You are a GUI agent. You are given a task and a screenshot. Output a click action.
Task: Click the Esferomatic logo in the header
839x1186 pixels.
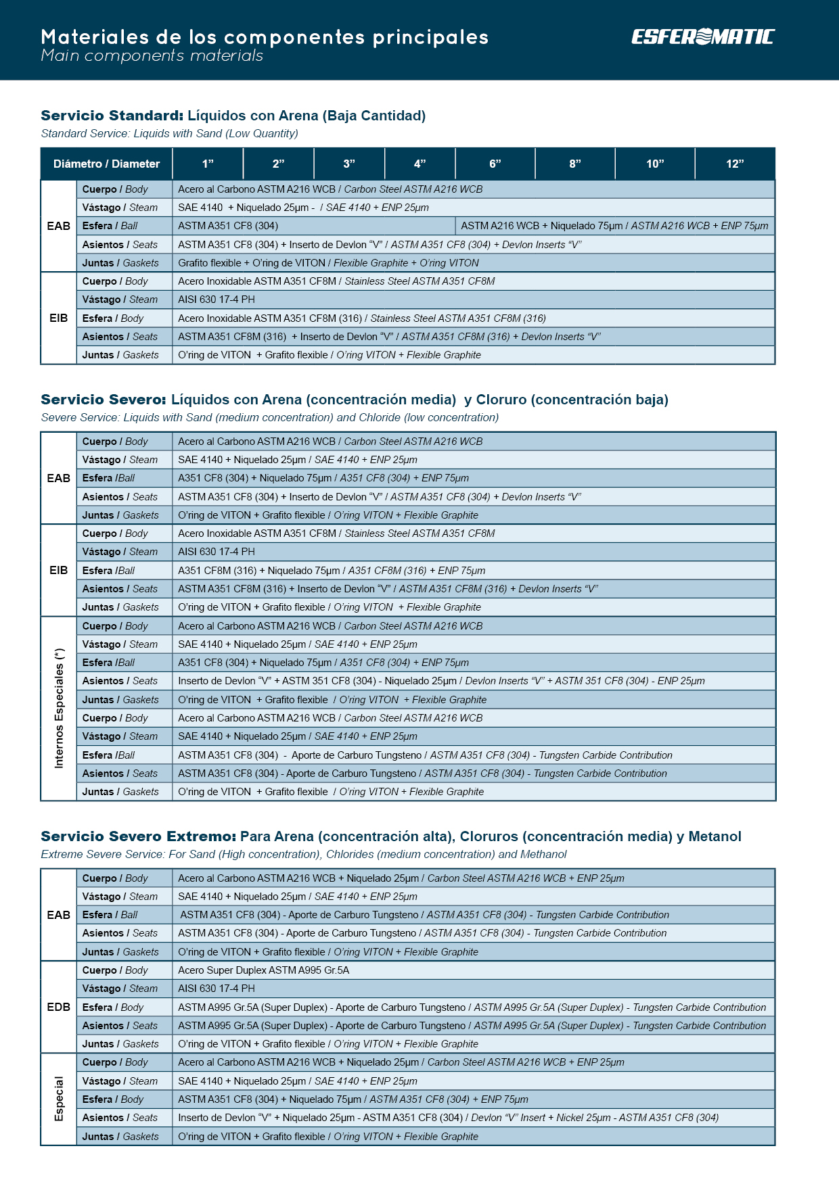coord(702,37)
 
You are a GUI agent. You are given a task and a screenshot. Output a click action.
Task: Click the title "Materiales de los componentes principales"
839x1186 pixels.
coord(265,37)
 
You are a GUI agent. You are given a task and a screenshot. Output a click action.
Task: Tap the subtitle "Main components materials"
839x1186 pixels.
coord(152,55)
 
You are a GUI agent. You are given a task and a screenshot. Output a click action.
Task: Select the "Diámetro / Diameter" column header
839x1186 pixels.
coord(106,164)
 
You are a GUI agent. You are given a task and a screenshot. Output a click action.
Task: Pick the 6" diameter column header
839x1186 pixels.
coord(495,164)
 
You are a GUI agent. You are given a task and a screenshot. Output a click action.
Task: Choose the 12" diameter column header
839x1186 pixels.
coord(734,164)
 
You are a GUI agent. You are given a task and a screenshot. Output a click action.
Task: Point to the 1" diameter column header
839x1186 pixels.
coord(208,164)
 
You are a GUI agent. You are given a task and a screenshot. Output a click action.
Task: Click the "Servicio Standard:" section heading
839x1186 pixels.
coord(112,116)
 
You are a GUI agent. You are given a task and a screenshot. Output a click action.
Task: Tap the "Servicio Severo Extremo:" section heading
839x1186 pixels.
coord(138,836)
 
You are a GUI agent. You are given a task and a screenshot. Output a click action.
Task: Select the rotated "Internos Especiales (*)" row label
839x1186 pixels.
coord(59,708)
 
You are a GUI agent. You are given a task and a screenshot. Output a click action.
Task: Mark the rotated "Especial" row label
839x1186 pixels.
coord(59,1099)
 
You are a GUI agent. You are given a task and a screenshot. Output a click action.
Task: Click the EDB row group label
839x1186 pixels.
coord(59,1007)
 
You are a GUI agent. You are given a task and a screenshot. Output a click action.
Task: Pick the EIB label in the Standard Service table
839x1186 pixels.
coord(59,318)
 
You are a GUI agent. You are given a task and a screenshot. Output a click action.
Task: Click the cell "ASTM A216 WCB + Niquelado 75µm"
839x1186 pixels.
coord(614,226)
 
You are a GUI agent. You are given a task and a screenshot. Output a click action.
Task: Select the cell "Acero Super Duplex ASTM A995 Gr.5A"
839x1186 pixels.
coord(264,970)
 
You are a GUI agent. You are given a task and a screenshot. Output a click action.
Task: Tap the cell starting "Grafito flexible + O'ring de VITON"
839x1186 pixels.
coord(328,263)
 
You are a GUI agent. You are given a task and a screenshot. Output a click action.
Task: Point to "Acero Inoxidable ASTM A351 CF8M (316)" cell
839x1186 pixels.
coord(362,318)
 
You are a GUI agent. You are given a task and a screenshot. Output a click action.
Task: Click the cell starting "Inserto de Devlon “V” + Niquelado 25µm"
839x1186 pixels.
coord(448,1118)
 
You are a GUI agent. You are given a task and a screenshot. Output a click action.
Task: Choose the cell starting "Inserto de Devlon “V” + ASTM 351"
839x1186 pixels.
coord(441,681)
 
